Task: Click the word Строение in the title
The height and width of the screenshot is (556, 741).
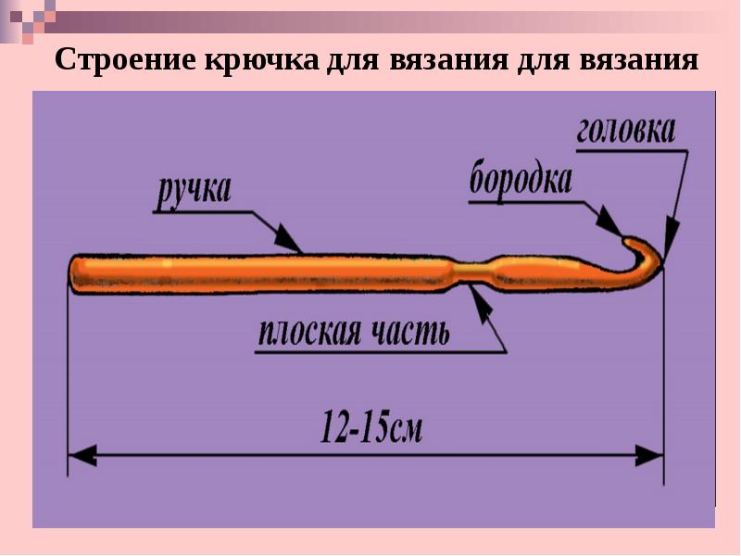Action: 126,59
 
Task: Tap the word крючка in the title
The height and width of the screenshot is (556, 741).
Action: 261,59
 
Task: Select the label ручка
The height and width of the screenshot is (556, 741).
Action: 195,192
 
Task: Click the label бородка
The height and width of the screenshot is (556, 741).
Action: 521,180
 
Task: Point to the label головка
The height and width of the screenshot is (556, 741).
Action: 626,130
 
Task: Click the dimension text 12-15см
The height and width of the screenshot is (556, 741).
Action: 371,427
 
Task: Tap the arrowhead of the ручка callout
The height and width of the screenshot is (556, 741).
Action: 287,238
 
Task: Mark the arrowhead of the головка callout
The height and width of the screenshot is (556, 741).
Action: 670,240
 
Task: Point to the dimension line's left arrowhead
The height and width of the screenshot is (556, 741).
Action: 82,456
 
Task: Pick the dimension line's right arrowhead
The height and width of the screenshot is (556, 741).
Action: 649,456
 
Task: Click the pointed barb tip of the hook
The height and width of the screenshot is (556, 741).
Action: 627,240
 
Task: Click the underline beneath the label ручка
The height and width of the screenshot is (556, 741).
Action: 202,212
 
